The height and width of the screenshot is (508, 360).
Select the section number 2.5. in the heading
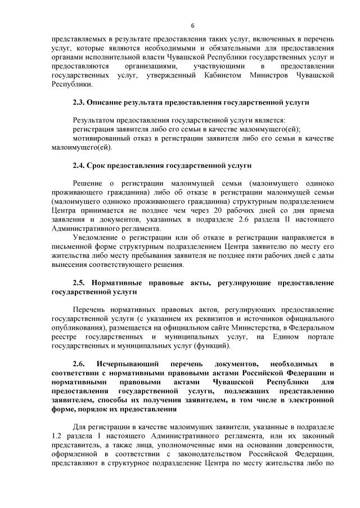[x=82, y=282]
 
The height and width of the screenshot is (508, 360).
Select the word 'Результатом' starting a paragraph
[x=93, y=120]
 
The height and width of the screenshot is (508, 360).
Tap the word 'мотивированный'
[x=102, y=138]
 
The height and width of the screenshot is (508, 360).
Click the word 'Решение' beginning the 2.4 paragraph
[x=88, y=183]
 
